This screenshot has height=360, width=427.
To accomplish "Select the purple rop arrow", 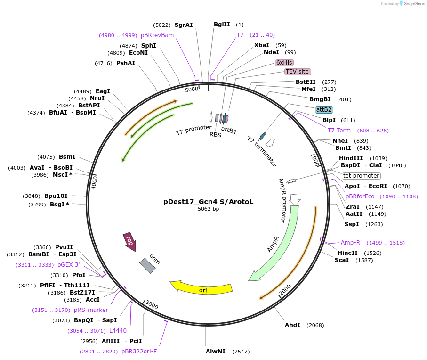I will (129, 241).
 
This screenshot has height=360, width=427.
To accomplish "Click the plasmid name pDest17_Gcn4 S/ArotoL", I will (208, 202).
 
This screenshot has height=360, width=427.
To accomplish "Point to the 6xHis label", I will (284, 62).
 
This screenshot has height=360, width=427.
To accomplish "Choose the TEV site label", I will (297, 72).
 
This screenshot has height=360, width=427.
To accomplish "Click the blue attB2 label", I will (324, 109).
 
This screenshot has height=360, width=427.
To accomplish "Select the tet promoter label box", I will (361, 176).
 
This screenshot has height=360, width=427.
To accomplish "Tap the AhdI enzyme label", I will (292, 325).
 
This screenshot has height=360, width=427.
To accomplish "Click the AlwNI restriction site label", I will (216, 352).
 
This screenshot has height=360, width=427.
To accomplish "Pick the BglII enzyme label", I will (222, 25).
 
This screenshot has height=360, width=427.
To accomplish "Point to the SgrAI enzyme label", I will (184, 25).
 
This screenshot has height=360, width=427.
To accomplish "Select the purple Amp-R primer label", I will (350, 242).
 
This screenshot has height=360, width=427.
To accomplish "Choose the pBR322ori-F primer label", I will (139, 351).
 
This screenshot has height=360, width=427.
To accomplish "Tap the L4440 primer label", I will (118, 330).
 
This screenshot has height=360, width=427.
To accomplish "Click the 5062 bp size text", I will (208, 209).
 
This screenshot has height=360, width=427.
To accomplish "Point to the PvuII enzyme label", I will (64, 247).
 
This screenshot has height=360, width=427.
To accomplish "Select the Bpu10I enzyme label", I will (56, 196).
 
